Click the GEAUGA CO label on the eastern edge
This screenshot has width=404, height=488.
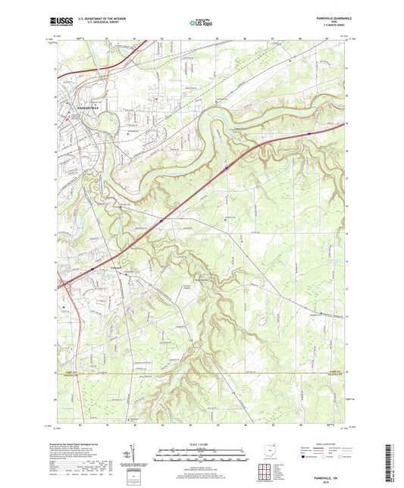[335, 374]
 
